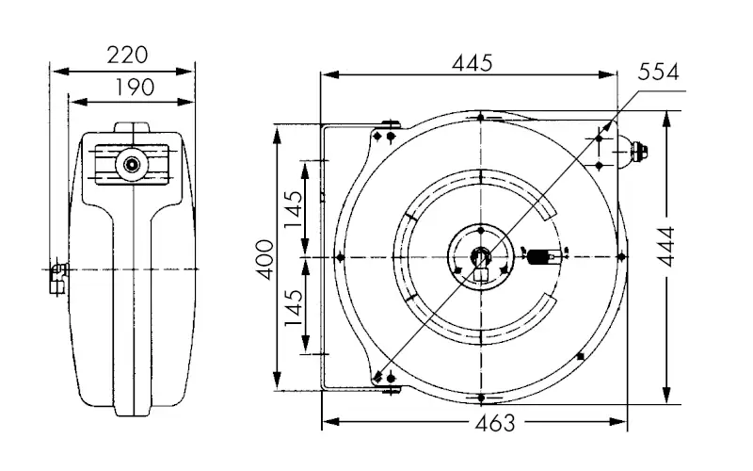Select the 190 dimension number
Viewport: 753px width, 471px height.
136,87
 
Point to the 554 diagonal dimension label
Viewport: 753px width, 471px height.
658,73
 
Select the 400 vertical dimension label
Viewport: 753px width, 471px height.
264,259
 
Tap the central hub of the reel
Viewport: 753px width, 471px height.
480,257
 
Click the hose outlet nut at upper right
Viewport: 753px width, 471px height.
641,150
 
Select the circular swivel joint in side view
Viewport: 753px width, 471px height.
131,164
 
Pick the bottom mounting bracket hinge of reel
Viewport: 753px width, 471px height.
385,379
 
